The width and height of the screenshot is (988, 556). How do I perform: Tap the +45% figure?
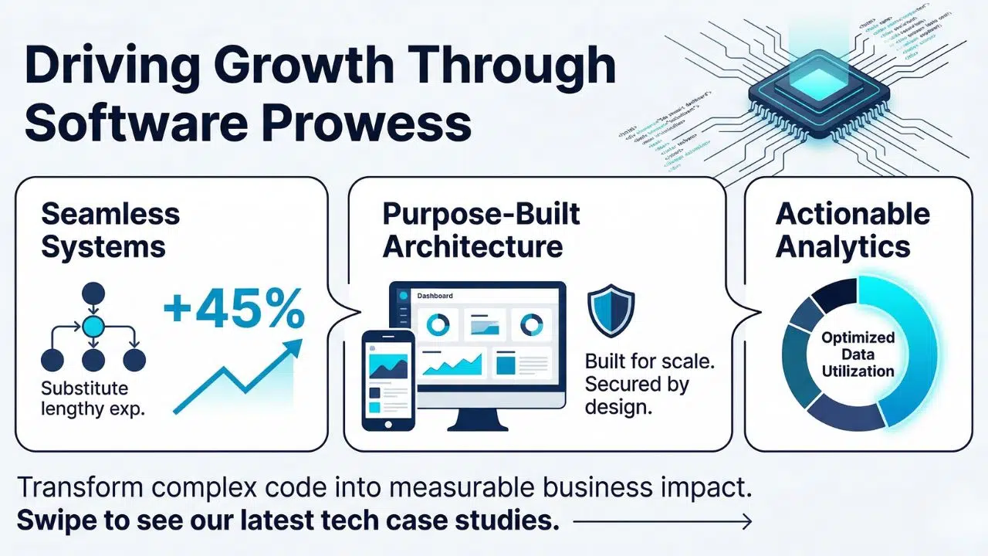[x=234, y=313]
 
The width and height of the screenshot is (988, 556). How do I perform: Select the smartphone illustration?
[x=388, y=379]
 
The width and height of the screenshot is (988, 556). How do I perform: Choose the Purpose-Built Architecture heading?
[x=481, y=230]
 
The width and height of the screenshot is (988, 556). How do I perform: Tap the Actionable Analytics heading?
[x=853, y=230]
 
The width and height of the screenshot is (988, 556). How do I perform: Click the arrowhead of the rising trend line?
[x=291, y=345]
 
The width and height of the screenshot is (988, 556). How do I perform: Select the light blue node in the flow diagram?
[x=93, y=327]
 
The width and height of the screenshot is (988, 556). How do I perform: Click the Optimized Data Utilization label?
[x=858, y=354]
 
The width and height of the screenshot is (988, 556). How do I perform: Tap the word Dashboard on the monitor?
[x=435, y=296]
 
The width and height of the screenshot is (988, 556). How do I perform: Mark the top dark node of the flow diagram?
[x=93, y=293]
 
